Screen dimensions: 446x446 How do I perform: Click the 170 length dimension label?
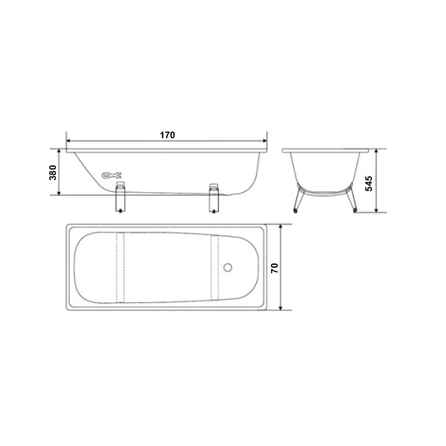coord(167,135)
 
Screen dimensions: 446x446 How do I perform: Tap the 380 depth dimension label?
coord(53,172)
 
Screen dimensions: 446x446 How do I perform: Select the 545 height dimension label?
coord(369,183)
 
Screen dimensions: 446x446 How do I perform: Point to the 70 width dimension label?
coord(274,268)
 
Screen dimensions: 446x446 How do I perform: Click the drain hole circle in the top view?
coord(227,268)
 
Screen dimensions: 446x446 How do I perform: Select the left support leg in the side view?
coord(120,197)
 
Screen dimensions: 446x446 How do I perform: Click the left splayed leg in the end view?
coord(299,199)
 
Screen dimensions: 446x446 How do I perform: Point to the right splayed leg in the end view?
coord(352,199)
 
